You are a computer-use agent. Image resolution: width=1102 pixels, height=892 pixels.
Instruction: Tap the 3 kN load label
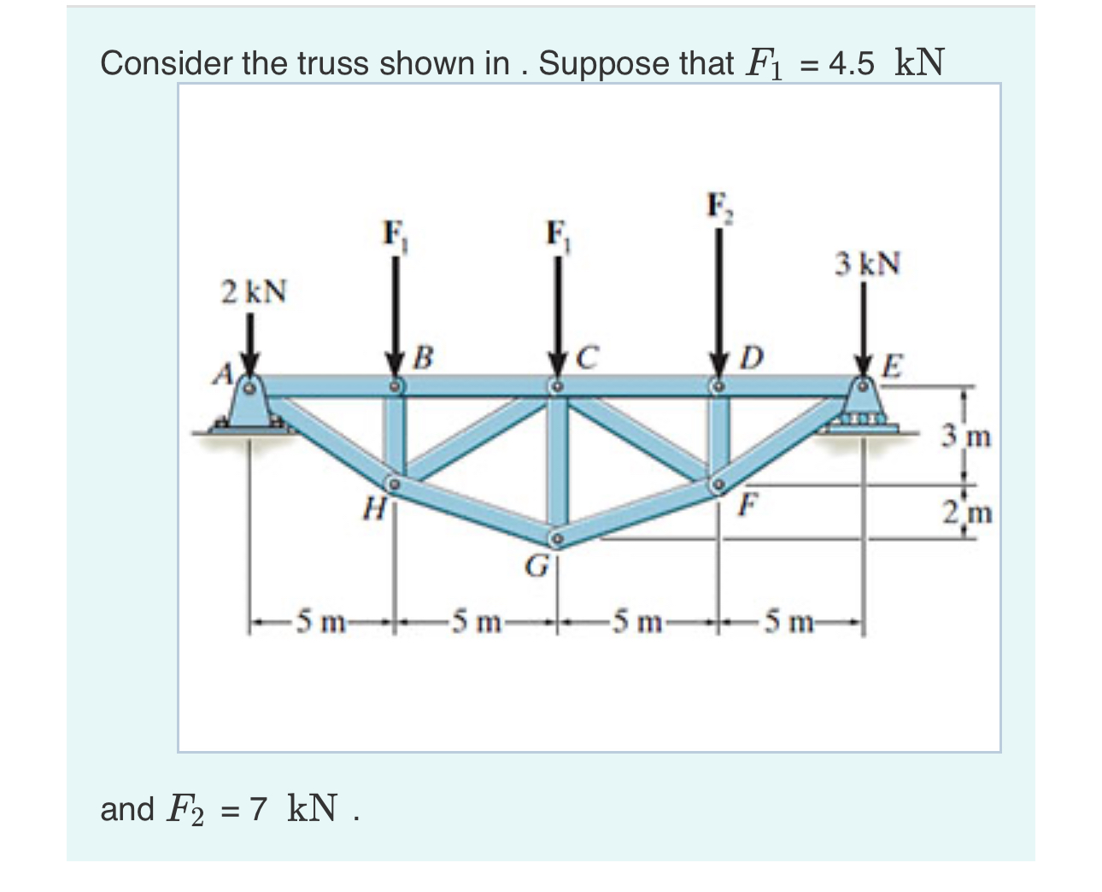point(867,263)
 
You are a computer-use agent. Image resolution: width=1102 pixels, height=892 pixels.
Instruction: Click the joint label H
point(372,510)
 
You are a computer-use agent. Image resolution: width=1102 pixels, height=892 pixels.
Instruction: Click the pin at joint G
point(556,538)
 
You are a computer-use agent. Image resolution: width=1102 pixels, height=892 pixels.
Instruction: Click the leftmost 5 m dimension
point(319,619)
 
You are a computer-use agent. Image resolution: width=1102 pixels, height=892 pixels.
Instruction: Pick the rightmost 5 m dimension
point(791,619)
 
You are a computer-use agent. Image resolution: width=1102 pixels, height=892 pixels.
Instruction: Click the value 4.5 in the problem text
point(851,63)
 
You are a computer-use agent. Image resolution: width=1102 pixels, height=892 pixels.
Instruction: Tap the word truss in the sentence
point(337,63)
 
